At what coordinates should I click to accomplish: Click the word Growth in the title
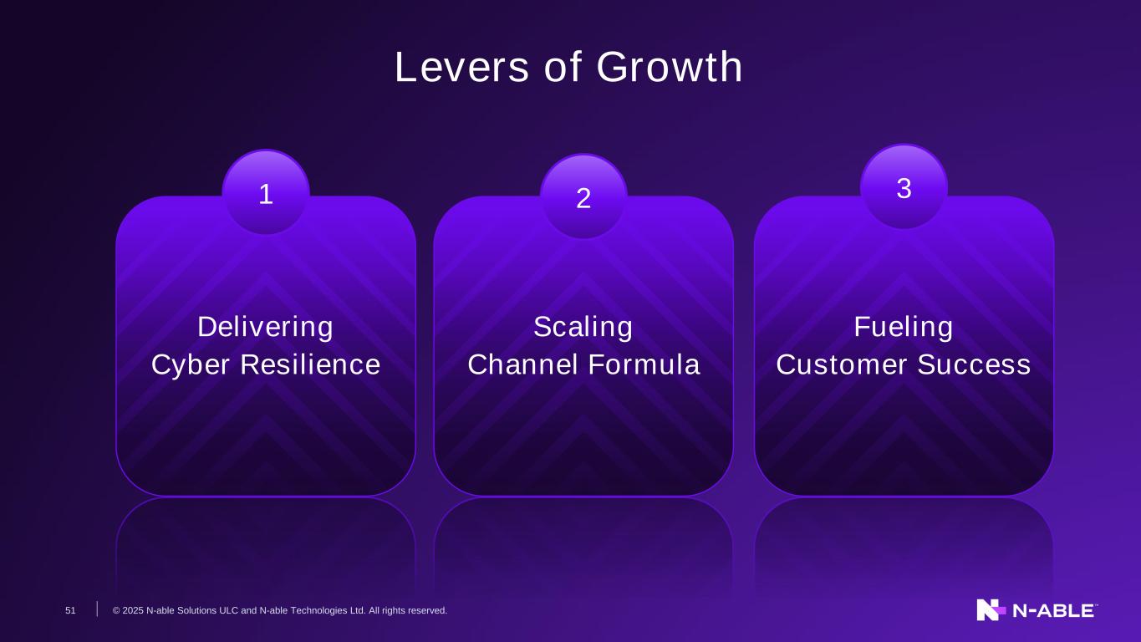tap(670, 67)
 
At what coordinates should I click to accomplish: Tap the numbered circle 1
tap(266, 192)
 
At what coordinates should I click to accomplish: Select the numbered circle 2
tap(583, 196)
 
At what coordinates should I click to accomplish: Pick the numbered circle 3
tap(904, 186)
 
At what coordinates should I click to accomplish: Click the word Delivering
tap(265, 327)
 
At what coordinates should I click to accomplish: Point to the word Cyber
tap(191, 364)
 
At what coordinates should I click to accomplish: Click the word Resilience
tap(310, 364)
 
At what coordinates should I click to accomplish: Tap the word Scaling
tap(583, 327)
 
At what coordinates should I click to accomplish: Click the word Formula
tap(644, 364)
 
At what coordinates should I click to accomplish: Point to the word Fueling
tap(904, 327)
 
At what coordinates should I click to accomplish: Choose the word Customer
tap(842, 364)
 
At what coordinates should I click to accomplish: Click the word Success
tap(974, 364)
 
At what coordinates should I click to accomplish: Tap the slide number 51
tap(70, 610)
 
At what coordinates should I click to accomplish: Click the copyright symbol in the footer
tap(116, 610)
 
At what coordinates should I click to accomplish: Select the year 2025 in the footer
tap(133, 610)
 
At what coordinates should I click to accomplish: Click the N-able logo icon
tap(991, 610)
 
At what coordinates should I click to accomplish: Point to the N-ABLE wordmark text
tap(1053, 611)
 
